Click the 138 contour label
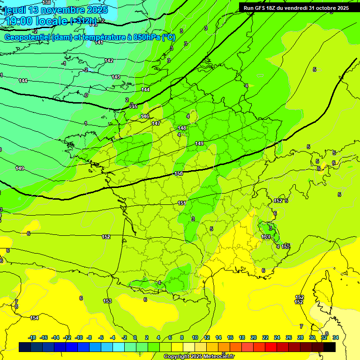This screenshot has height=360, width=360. [46, 3]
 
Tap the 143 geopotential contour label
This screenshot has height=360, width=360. [116, 77]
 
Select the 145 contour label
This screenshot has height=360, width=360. [134, 107]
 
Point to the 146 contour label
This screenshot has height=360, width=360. [145, 116]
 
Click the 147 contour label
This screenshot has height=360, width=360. [156, 123]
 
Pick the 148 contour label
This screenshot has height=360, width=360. [182, 128]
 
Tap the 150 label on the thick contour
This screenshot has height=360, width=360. [179, 173]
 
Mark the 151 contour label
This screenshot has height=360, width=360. [182, 203]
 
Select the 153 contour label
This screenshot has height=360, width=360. [107, 301]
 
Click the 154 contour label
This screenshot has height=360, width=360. [34, 318]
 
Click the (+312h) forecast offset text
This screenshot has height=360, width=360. [84, 21]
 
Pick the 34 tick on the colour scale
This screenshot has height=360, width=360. [335, 337]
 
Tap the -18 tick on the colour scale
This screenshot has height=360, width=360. [32, 337]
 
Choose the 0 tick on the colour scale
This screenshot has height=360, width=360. [135, 337]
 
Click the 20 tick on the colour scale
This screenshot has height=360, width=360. [254, 337]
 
